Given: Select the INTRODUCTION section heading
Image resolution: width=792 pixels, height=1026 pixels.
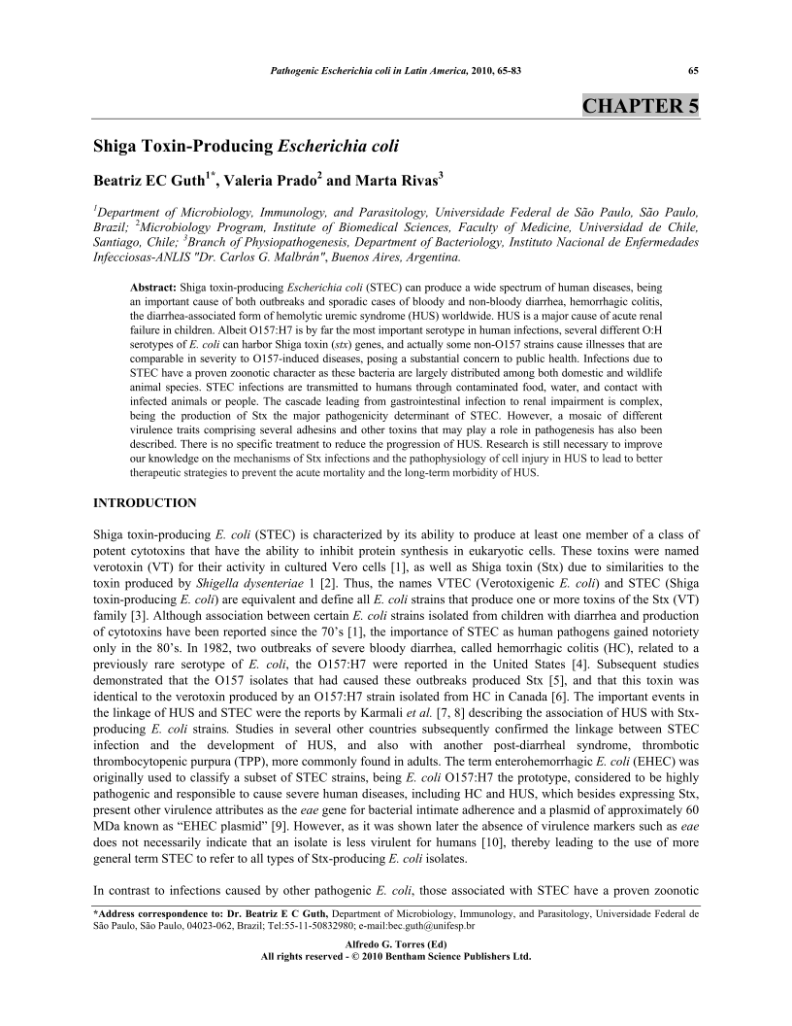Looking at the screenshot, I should pos(145,502).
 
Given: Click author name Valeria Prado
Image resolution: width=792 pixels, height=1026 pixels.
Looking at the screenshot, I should pos(282,180).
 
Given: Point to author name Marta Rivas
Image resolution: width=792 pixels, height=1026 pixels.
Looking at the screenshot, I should pos(401,180).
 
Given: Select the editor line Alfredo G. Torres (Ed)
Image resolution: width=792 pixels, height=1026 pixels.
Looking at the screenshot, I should pos(396,943).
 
